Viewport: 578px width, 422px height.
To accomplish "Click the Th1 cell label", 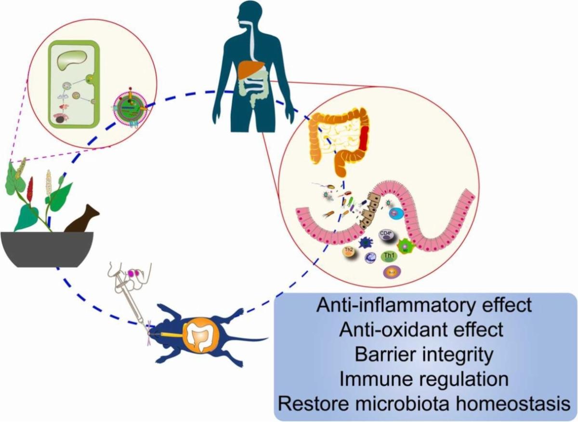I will [x=388, y=256].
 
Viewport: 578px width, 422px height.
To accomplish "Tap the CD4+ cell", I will [x=388, y=236].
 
